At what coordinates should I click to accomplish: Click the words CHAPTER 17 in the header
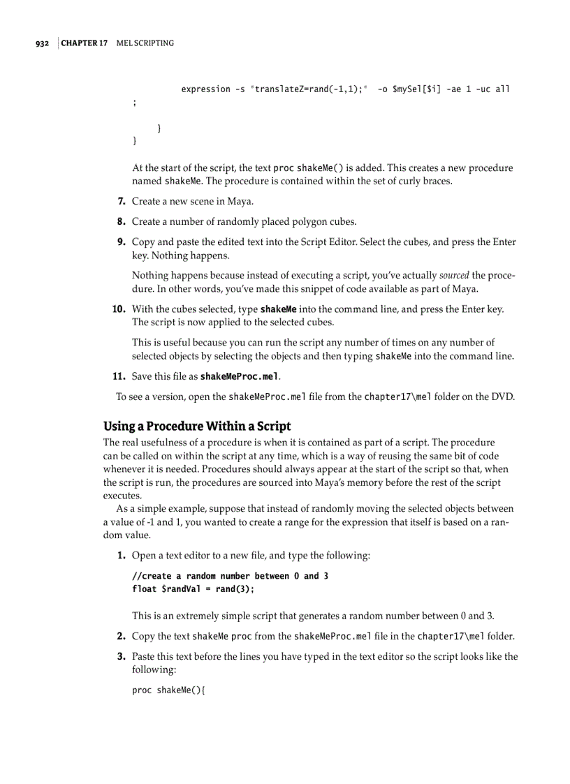point(84,43)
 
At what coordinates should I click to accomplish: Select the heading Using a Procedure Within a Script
point(197,426)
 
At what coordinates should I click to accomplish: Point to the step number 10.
point(119,309)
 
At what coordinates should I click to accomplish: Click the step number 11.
point(119,376)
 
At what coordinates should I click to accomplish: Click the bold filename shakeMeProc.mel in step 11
point(240,377)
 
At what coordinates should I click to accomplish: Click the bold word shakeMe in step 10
point(278,309)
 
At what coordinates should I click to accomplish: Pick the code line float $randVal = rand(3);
point(193,589)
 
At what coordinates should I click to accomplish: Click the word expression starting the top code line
point(205,89)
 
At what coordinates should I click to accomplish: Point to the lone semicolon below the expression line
point(134,103)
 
